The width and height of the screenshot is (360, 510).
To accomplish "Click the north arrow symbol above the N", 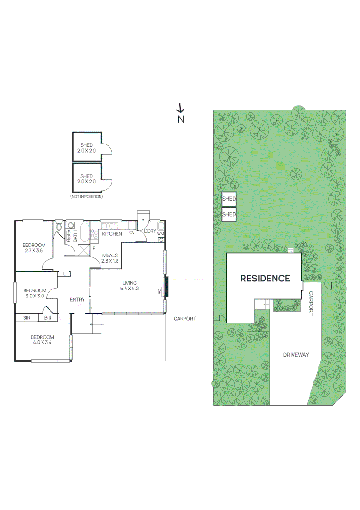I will click(180, 108).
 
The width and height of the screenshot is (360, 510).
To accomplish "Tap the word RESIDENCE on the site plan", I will click(265, 279).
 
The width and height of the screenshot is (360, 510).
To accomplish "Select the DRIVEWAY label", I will click(296, 355).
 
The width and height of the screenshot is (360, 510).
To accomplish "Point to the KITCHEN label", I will click(112, 234).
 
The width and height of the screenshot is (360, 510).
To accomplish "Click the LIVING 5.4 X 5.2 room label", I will click(129, 285).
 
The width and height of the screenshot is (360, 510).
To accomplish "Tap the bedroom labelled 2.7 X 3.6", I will click(34, 247).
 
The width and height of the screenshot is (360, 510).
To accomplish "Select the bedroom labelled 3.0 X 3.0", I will click(34, 293).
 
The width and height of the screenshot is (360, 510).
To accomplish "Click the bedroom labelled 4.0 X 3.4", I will click(42, 340).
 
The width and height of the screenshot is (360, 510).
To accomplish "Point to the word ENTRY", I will click(77, 300).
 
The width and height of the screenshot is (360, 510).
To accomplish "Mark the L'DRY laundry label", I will click(150, 231).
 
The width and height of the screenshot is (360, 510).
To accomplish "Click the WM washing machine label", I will click(160, 234).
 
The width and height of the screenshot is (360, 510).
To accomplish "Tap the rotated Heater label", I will click(69, 236).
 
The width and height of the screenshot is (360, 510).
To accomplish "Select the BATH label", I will click(75, 236).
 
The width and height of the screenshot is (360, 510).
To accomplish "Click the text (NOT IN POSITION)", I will click(86, 196).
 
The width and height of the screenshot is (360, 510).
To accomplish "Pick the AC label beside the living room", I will click(159, 291).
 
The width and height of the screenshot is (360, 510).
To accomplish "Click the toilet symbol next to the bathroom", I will click(59, 228).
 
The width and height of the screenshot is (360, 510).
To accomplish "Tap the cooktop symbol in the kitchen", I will click(94, 233).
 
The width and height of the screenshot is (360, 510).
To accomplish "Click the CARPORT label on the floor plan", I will click(184, 319).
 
